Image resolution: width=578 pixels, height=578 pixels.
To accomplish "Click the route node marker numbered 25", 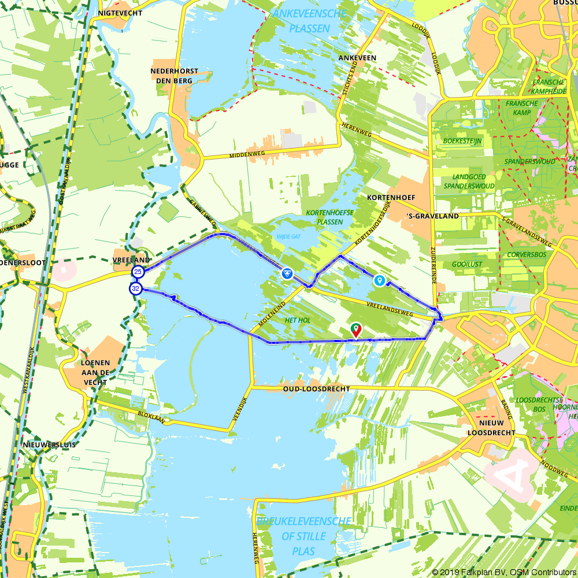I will (138, 271).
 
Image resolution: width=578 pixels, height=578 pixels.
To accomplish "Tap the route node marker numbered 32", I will (136, 288).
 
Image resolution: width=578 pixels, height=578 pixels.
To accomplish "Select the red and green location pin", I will (356, 330).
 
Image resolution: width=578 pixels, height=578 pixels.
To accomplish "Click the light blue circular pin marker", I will (379, 280).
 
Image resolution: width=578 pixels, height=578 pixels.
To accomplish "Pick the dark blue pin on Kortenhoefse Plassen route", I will (287, 273).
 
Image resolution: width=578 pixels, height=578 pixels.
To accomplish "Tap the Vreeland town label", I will (132, 261).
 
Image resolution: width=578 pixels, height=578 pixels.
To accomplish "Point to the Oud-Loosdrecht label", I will (316, 390).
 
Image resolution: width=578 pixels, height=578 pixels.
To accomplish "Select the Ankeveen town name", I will (357, 58).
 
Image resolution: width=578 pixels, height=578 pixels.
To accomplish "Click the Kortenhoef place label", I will (391, 198).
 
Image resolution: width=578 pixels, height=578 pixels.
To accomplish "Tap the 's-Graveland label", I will (432, 216).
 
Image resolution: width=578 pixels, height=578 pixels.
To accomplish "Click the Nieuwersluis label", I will (49, 444).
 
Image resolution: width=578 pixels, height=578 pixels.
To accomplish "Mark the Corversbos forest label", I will (526, 254).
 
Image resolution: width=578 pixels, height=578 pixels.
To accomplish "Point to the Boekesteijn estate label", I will (458, 140).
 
